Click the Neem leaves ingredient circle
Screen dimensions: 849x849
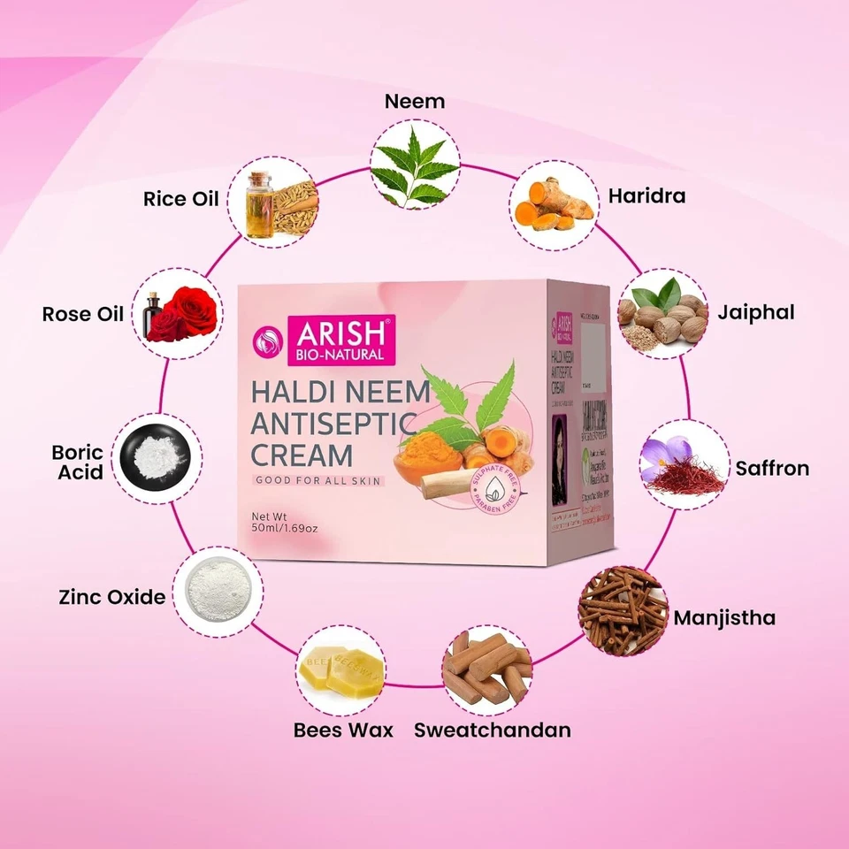[414, 165]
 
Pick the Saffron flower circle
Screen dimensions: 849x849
[684, 464]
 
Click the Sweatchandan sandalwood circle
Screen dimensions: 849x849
[486, 671]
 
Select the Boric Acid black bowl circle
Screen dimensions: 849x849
[158, 457]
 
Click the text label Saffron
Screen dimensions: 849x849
[772, 468]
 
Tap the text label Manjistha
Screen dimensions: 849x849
[724, 616]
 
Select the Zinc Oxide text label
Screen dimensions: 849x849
[111, 597]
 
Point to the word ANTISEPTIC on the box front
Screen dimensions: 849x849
[333, 424]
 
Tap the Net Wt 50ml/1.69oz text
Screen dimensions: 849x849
[285, 521]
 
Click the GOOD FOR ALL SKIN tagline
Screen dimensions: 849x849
[319, 479]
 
